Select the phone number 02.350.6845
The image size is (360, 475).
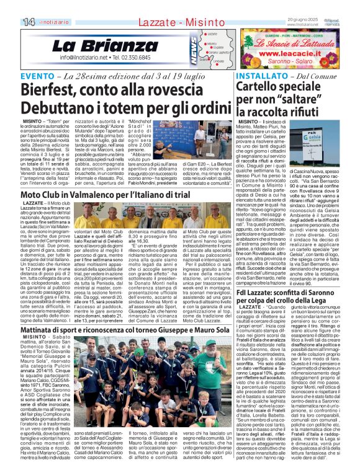point(131,57)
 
